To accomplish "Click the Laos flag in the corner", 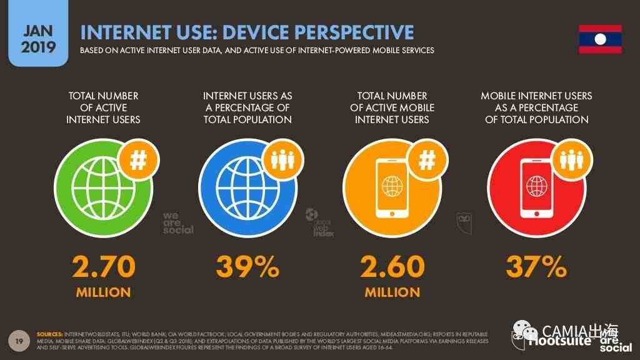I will click(599, 39).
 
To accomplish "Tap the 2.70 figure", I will click(104, 267).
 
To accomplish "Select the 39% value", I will click(247, 267).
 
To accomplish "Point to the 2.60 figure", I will click(392, 267).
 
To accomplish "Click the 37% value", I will click(536, 267).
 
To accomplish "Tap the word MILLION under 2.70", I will click(104, 292).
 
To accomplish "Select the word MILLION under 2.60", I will click(392, 292).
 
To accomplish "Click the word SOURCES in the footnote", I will click(51, 334).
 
